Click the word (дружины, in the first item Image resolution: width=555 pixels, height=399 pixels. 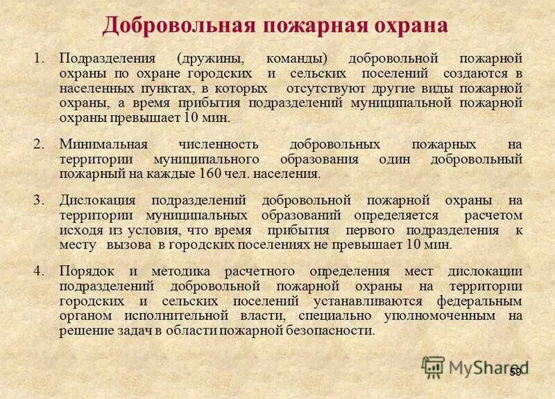tap(211, 58)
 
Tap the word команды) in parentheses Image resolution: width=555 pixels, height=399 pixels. tap(296, 58)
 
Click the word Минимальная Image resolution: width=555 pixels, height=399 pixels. tap(103, 145)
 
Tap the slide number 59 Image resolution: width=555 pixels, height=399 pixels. tap(515, 373)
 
